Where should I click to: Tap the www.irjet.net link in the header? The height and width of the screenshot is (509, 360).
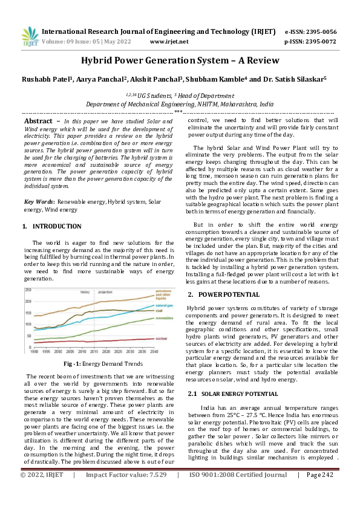169,42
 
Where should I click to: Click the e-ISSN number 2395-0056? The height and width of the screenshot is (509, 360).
322,31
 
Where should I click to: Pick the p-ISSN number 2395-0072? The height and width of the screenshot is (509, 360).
322,42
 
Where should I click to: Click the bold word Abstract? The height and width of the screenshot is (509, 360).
38,122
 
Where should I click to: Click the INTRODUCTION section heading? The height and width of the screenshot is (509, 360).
56,226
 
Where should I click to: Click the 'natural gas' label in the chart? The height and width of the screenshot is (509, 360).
164,306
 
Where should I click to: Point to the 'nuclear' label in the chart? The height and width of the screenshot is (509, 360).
162,339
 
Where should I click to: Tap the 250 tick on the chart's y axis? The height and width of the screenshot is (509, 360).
28,290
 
